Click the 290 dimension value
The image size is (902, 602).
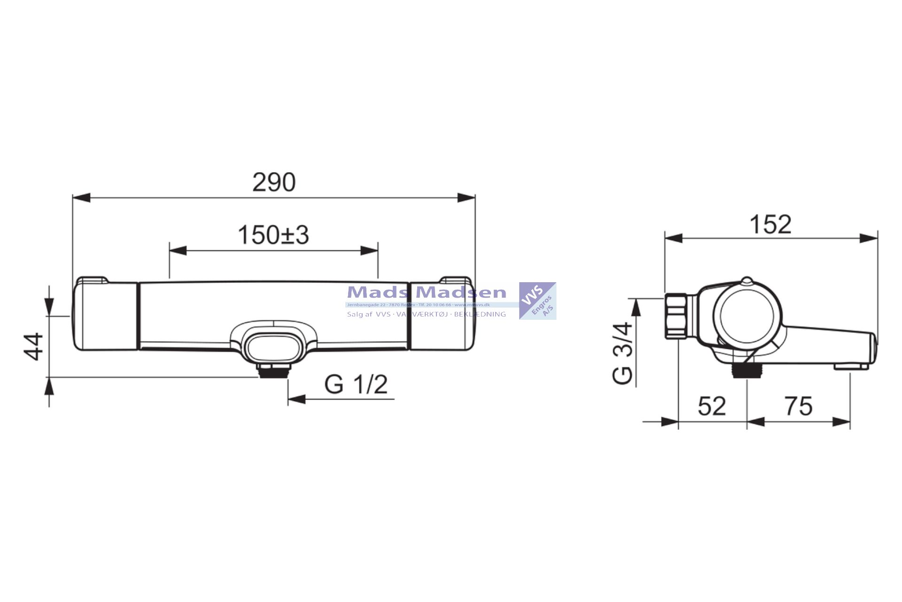(x=274, y=182)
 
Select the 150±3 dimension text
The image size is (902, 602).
(x=273, y=235)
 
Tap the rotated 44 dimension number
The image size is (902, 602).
(x=34, y=347)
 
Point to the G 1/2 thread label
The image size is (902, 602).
(x=356, y=384)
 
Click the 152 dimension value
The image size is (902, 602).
(x=770, y=224)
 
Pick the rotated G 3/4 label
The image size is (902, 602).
(x=623, y=353)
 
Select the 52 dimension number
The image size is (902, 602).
(x=711, y=406)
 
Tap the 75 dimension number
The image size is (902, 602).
(x=798, y=406)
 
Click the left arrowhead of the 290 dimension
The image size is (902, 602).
(x=81, y=198)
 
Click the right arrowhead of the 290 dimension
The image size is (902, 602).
(x=467, y=198)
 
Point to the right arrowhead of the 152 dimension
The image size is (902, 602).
(x=869, y=238)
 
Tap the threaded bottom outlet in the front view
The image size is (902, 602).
(x=273, y=372)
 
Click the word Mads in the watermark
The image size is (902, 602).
(x=377, y=293)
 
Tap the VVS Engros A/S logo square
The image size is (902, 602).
(x=537, y=301)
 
